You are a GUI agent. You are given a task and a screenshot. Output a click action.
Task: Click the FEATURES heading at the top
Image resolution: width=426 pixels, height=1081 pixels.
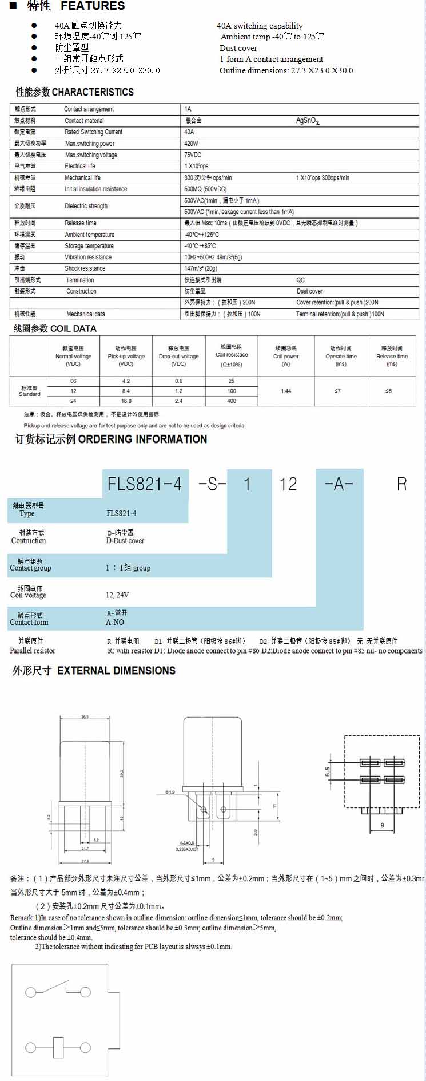[93, 6]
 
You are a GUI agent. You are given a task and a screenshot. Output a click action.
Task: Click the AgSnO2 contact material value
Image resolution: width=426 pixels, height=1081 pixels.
[308, 121]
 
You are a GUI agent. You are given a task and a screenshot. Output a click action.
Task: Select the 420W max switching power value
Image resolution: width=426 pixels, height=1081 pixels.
[191, 144]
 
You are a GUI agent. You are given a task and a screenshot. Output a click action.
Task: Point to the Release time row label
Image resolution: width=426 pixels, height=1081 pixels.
[81, 223]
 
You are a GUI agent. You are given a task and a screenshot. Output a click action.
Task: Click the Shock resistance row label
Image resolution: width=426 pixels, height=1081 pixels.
[85, 268]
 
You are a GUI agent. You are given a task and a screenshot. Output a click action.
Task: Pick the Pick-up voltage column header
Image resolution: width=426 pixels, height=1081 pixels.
[126, 356]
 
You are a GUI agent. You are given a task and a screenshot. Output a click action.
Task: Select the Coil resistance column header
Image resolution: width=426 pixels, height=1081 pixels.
[232, 355]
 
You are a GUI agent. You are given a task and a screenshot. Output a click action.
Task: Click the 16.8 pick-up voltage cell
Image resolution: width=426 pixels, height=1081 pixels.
[126, 401]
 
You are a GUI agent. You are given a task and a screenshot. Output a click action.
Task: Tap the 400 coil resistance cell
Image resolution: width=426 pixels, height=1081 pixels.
[232, 401]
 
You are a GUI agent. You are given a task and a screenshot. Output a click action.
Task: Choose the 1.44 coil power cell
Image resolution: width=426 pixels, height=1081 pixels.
[286, 391]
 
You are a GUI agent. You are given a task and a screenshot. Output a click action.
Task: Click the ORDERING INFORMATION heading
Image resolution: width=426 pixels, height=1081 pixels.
[142, 439]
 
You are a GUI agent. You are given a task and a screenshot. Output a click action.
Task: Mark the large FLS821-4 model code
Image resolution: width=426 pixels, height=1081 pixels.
[145, 484]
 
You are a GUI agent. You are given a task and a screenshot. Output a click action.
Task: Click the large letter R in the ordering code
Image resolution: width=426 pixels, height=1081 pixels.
[401, 484]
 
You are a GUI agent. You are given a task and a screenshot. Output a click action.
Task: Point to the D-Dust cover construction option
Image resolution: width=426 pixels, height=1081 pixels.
[125, 541]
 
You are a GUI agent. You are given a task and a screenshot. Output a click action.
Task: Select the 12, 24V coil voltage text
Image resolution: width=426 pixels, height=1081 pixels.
[117, 595]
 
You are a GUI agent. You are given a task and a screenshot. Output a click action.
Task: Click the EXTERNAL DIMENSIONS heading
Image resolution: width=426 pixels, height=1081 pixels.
[116, 671]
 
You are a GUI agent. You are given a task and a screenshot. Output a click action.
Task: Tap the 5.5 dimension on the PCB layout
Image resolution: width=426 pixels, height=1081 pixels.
[328, 771]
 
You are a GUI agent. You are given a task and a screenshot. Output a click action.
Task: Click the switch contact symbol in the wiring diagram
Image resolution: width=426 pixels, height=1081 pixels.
[58, 990]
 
